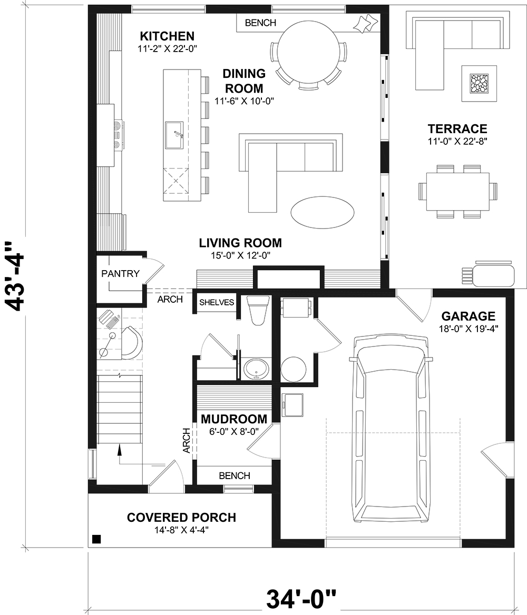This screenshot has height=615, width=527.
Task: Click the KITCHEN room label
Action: pyautogui.click(x=167, y=36)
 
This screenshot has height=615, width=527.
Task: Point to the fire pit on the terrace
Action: pyautogui.click(x=479, y=83)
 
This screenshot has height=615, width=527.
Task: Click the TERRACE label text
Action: pyautogui.click(x=457, y=129)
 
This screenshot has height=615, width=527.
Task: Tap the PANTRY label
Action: pyautogui.click(x=121, y=274)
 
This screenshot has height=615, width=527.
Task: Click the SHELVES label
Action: pyautogui.click(x=216, y=302)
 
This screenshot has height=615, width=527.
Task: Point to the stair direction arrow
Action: pyautogui.click(x=120, y=449)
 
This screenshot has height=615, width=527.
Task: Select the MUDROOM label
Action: pyautogui.click(x=233, y=419)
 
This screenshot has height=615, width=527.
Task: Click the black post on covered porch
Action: pyautogui.click(x=96, y=539)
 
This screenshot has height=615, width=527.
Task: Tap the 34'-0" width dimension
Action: pyautogui.click(x=301, y=599)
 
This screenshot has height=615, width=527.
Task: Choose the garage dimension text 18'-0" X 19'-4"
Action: pyautogui.click(x=469, y=328)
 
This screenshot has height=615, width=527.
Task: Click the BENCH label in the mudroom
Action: pyautogui.click(x=235, y=475)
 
